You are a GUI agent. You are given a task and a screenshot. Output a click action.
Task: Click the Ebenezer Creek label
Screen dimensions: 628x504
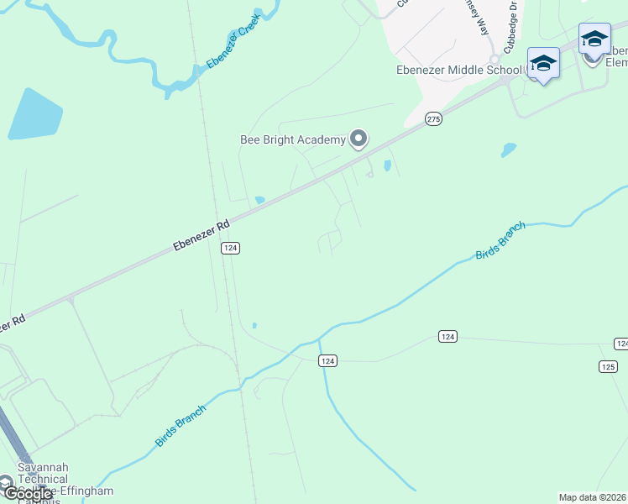click(233, 42)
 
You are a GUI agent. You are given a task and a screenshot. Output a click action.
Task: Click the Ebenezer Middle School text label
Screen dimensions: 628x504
click(460, 71)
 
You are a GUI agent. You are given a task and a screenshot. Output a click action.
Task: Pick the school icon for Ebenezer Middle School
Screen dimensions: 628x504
click(543, 64)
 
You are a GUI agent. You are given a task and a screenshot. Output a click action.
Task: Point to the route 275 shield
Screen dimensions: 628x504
click(432, 120)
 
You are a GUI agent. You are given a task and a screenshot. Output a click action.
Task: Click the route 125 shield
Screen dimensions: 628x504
click(609, 366)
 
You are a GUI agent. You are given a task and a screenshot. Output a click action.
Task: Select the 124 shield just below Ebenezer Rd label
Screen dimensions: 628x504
click(231, 248)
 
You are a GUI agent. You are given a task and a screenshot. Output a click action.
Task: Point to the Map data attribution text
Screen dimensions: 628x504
click(593, 497)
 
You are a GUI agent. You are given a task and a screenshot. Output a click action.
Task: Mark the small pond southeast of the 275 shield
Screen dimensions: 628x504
click(508, 150)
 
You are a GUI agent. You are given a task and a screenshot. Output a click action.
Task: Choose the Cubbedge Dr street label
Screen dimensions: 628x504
click(511, 27)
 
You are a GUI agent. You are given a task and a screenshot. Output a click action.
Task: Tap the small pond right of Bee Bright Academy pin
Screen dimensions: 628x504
click(387, 165)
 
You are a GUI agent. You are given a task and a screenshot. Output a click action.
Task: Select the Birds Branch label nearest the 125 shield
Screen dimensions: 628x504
click(501, 241)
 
